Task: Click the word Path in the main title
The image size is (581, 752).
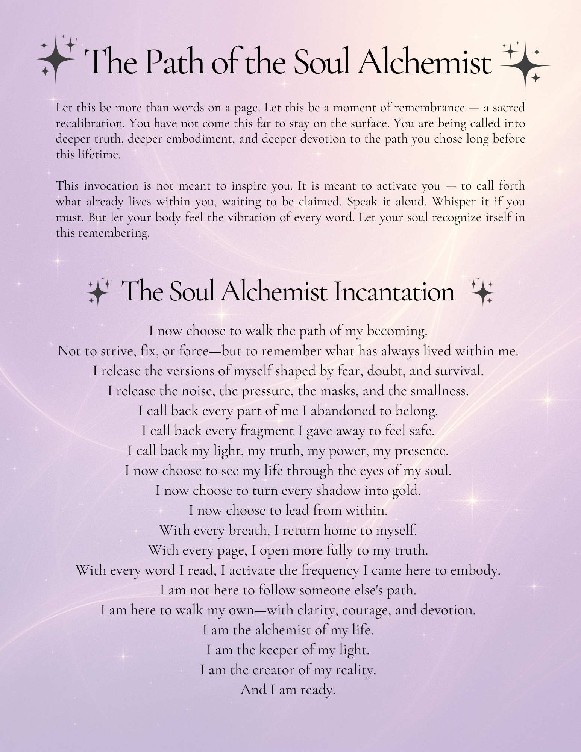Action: pyautogui.click(x=174, y=61)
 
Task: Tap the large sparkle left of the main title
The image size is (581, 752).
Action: pyautogui.click(x=56, y=59)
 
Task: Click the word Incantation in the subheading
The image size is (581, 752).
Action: pyautogui.click(x=394, y=291)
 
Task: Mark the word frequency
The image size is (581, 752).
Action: pyautogui.click(x=330, y=570)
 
